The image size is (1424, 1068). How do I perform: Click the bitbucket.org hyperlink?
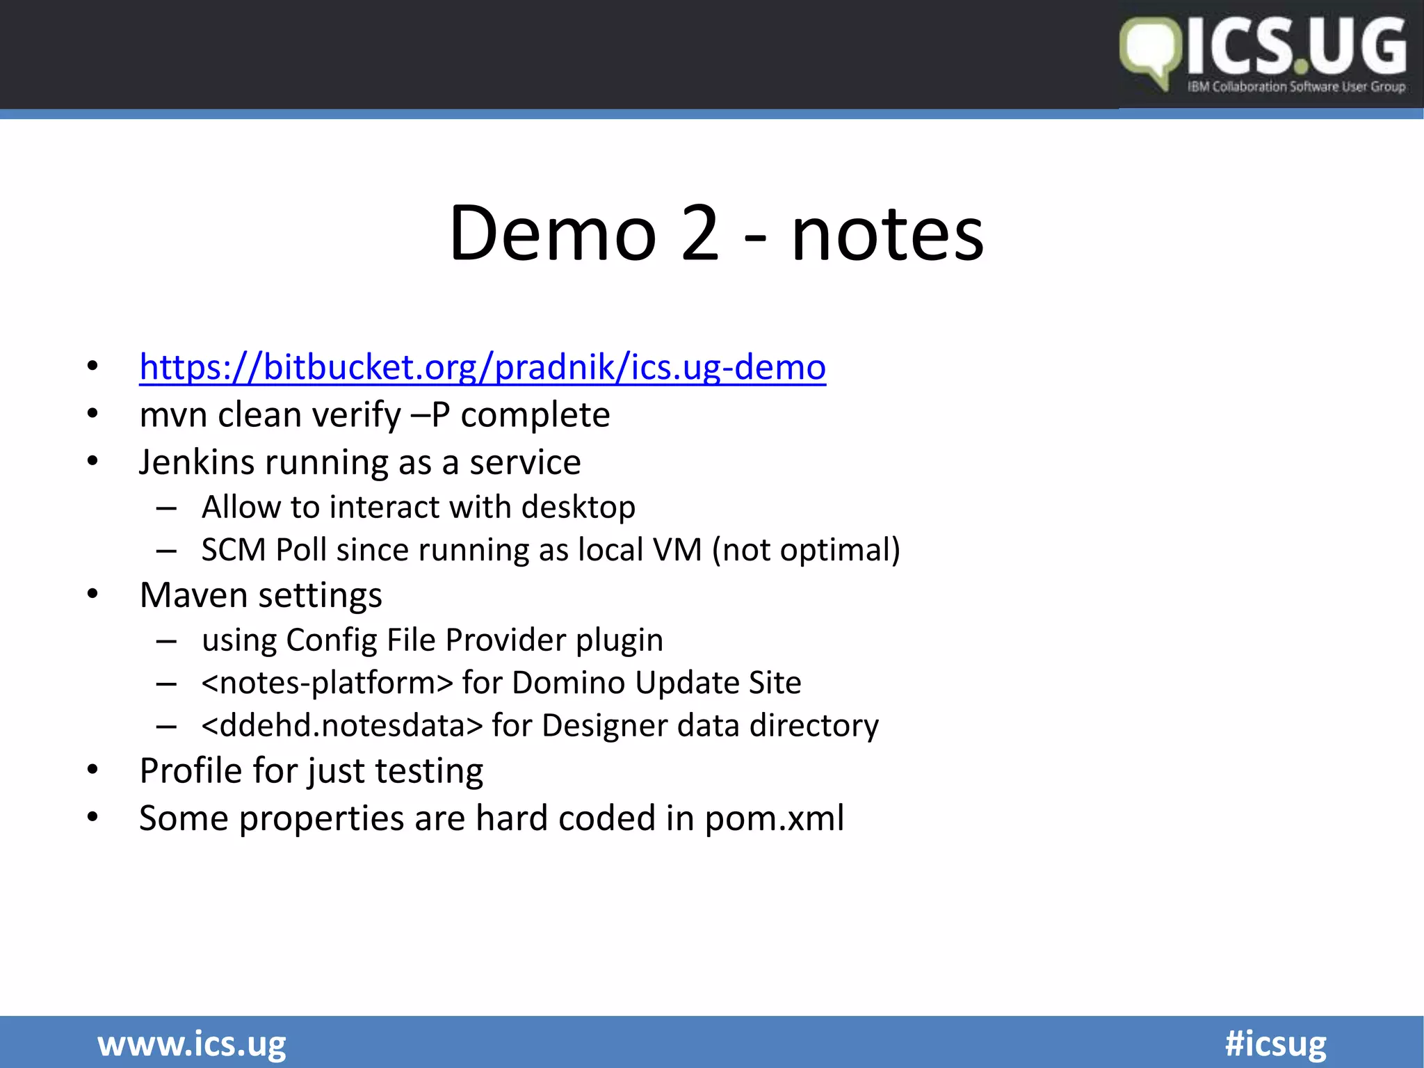click(483, 367)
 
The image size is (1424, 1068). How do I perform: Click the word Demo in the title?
click(553, 234)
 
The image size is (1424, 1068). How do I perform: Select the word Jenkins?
click(196, 462)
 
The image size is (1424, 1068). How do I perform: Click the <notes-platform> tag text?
click(327, 683)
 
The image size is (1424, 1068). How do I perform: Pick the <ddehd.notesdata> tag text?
click(341, 726)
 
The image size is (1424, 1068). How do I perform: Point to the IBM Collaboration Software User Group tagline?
click(1296, 87)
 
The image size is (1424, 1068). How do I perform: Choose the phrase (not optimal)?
click(805, 550)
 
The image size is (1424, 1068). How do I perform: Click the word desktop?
click(578, 507)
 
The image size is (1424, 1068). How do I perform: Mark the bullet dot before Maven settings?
click(92, 594)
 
